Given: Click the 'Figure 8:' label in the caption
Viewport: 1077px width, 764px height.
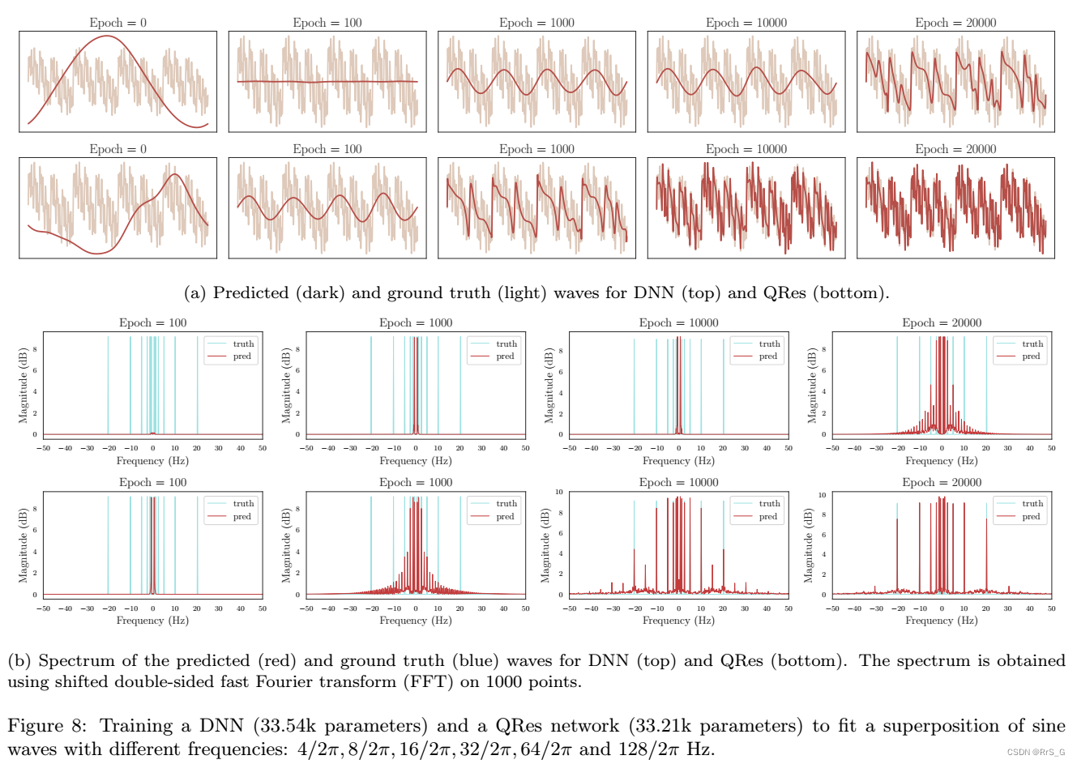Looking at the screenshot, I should (48, 726).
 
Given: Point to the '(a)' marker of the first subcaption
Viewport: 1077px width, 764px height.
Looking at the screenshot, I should (195, 293).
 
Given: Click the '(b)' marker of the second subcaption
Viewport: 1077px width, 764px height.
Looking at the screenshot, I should (19, 661).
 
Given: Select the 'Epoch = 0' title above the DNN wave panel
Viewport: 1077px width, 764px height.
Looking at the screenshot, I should (118, 23).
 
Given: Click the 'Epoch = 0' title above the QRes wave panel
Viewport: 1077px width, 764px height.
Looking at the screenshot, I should (118, 149).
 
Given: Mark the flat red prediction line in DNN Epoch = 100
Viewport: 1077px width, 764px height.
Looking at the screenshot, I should (327, 82).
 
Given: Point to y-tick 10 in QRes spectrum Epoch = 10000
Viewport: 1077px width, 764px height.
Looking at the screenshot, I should (559, 492).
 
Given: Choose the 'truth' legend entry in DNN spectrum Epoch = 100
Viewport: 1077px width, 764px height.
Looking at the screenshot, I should (243, 344).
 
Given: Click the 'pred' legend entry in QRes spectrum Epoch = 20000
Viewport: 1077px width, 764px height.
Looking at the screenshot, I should (1031, 516).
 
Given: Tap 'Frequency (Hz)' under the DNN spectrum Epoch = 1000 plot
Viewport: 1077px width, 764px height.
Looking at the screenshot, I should (416, 461).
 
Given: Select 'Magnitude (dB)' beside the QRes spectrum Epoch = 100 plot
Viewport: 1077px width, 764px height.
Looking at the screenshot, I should (24, 545).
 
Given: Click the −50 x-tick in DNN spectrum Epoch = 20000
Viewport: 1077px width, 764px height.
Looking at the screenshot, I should (833, 448).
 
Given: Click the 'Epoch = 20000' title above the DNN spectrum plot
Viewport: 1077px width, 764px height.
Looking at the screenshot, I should (942, 322).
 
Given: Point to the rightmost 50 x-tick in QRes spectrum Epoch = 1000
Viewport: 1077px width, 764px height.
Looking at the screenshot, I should (525, 608).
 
